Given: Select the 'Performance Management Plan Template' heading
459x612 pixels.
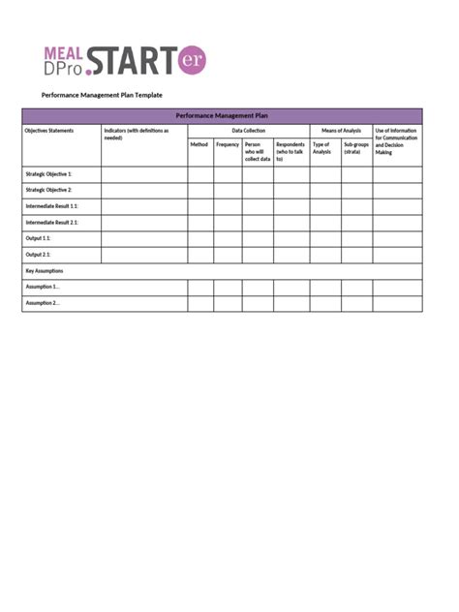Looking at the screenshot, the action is point(102,95).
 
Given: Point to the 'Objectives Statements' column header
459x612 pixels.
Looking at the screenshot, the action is point(48,130).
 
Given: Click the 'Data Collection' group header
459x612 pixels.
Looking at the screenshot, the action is point(248,130).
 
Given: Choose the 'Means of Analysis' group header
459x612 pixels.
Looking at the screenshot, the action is point(341,130).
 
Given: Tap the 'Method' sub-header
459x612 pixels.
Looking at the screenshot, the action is point(199,144).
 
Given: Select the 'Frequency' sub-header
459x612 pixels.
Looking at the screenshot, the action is point(228,144).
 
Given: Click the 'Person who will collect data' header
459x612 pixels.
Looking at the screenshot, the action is point(257,151).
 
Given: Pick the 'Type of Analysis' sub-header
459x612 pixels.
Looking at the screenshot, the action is point(321,148).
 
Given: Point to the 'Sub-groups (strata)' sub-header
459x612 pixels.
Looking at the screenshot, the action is point(355,148).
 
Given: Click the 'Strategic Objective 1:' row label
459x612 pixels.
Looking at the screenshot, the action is point(48,174).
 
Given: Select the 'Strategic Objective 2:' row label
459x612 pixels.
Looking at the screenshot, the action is point(48,190).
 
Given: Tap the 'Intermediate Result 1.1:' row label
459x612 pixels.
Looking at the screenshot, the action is point(52,206).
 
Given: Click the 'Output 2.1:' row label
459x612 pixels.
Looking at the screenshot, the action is point(39,255).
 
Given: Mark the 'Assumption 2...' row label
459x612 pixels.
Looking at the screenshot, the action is point(43,303).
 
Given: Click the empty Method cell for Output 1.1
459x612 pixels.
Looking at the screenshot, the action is point(200,238).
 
